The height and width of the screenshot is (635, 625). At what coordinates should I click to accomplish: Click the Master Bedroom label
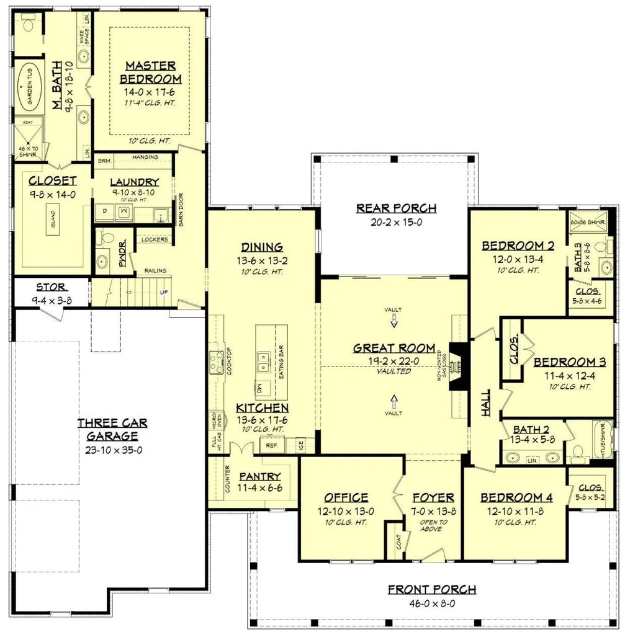click(151, 72)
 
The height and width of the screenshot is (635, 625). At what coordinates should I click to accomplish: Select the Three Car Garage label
click(113, 429)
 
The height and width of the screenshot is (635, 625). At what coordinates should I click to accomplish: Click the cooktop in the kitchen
click(217, 362)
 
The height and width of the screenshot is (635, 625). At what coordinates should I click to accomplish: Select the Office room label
click(346, 497)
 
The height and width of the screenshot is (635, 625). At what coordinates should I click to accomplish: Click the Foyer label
click(433, 497)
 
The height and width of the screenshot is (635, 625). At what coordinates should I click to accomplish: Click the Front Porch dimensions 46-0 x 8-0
click(432, 602)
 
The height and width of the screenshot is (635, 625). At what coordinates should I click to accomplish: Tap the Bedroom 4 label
click(516, 497)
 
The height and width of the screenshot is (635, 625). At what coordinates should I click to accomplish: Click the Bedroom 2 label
click(518, 246)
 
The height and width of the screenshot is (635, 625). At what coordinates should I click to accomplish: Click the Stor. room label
click(52, 286)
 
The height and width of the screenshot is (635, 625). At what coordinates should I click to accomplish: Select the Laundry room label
click(134, 182)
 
